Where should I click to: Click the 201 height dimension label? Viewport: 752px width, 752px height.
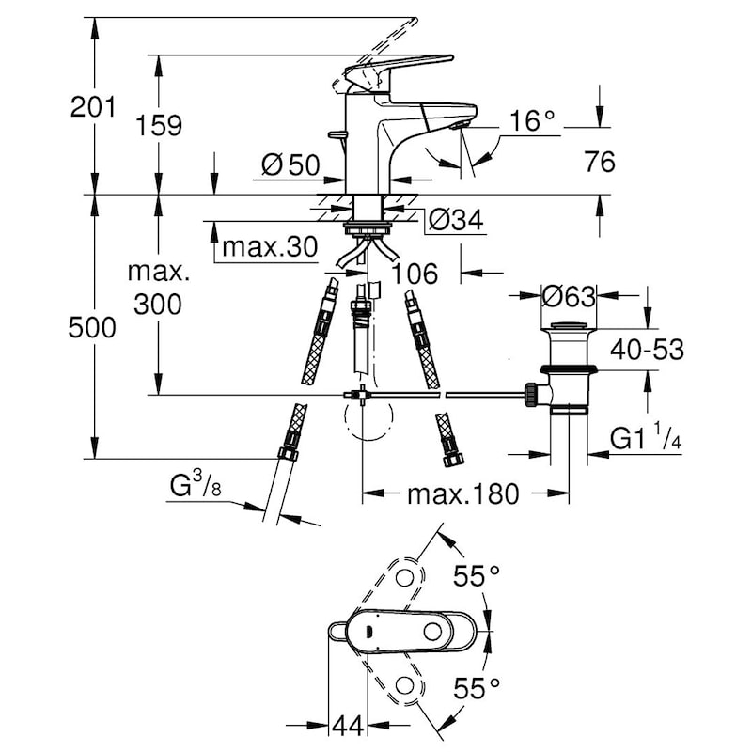tap(93, 107)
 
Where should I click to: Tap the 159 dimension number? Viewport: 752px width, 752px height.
tap(159, 126)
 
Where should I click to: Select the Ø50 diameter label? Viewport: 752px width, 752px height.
tap(290, 165)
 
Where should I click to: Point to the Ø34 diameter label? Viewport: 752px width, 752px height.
tap(456, 220)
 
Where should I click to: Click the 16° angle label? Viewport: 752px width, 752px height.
tap(532, 120)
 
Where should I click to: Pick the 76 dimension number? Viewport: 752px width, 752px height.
tap(600, 162)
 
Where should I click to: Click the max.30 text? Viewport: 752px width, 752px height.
tap(270, 247)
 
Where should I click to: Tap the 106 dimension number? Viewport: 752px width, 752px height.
tap(415, 274)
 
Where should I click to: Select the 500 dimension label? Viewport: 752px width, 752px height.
tap(92, 328)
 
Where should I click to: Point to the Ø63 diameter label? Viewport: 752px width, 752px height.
tap(569, 296)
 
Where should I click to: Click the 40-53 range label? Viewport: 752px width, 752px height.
tap(647, 349)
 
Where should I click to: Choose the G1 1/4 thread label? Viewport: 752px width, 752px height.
tap(646, 437)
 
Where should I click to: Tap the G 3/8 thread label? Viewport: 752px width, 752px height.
tap(196, 484)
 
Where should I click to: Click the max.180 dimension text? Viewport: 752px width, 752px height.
tap(463, 493)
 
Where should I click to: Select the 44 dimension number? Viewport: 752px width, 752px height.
tap(348, 727)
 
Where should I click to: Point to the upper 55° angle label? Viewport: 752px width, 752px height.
tap(477, 575)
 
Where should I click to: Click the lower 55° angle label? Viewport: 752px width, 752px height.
tap(477, 688)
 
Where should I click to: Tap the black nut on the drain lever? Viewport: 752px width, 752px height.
tap(532, 395)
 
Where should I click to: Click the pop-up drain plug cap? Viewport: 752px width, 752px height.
tap(569, 325)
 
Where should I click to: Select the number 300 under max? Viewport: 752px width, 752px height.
tap(158, 305)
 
